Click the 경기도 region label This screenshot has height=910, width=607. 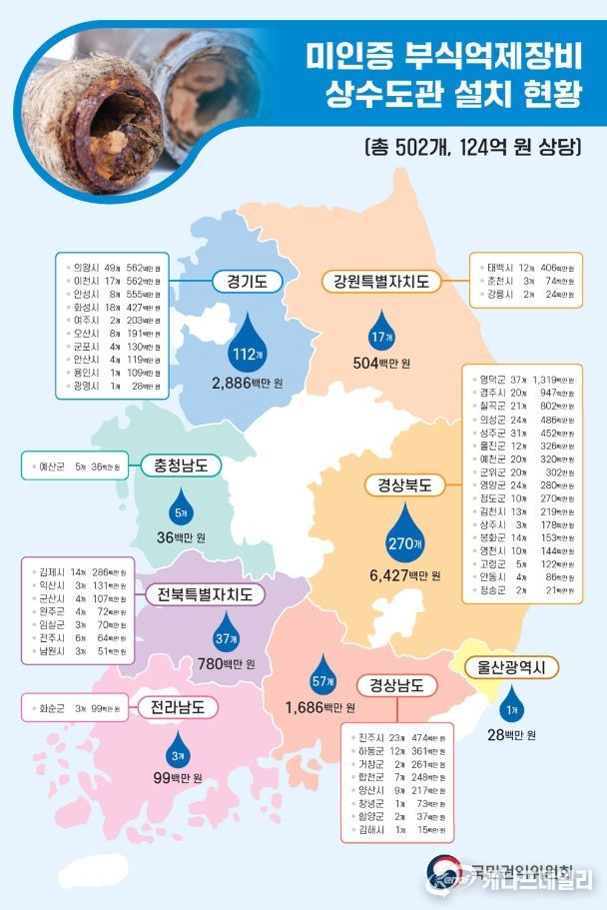247,282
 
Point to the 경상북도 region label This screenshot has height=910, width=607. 404,485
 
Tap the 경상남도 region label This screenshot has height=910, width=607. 396,685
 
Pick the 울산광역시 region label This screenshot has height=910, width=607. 510,667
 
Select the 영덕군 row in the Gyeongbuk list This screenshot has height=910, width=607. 519,380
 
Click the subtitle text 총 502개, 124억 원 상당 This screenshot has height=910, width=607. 471,147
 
